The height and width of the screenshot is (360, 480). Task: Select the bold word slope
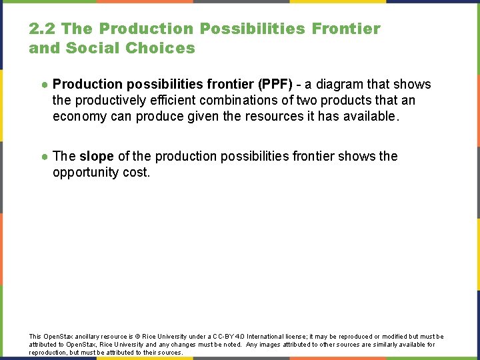point(97,157)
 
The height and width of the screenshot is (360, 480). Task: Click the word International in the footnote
point(266,337)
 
